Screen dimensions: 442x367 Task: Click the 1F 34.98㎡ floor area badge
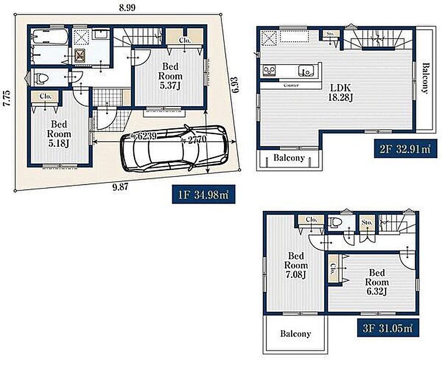pyautogui.click(x=203, y=195)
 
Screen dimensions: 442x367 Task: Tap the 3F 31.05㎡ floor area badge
pyautogui.click(x=388, y=328)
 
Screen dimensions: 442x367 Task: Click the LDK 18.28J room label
pyautogui.click(x=341, y=92)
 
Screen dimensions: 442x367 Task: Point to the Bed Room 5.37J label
pyautogui.click(x=170, y=76)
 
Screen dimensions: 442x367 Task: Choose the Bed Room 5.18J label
pyautogui.click(x=59, y=134)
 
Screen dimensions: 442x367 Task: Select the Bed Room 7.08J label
pyautogui.click(x=296, y=265)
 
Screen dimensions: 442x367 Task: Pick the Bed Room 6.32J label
pyautogui.click(x=377, y=282)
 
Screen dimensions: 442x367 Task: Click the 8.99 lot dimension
pyautogui.click(x=127, y=8)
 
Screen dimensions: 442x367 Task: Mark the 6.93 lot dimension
pyautogui.click(x=235, y=85)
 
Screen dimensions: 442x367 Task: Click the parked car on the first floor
pyautogui.click(x=173, y=149)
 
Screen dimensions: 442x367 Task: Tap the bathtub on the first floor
pyautogui.click(x=50, y=36)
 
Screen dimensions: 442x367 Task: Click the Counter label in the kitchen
pyautogui.click(x=291, y=85)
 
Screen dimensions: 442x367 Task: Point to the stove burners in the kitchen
pyautogui.click(x=270, y=70)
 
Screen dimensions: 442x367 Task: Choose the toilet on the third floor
pyautogui.click(x=335, y=222)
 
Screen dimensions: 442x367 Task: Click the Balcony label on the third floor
pyautogui.click(x=296, y=334)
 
